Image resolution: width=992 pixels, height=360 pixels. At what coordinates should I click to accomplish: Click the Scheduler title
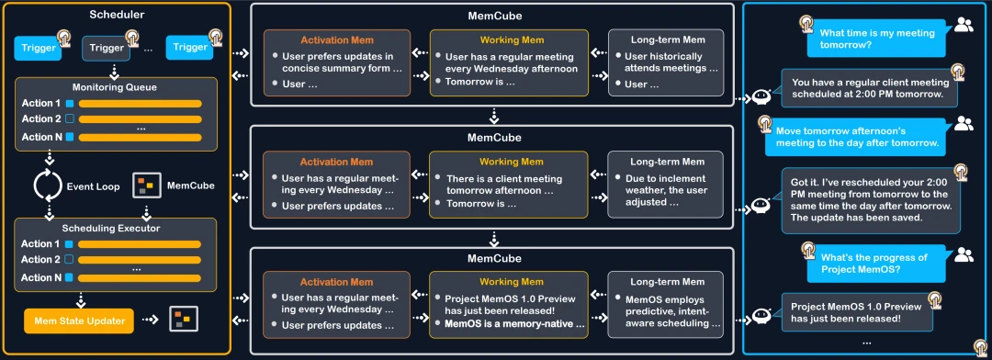coord(117,15)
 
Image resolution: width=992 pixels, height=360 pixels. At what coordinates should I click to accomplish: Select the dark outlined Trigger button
coord(107,47)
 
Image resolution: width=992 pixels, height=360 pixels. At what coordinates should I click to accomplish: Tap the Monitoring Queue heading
coord(115,87)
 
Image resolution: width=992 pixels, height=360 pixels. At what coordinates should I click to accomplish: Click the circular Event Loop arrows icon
coord(47,185)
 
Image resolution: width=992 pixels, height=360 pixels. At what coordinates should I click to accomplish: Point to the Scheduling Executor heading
coord(115,228)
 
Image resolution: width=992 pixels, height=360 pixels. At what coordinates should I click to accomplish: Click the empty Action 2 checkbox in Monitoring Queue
coord(68,119)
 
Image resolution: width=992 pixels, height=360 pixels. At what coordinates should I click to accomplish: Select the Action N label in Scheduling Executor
coord(41,277)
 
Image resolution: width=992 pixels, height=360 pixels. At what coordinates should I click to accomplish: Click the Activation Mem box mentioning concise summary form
coord(338,63)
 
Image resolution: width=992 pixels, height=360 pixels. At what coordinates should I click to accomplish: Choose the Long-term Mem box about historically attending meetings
coord(665,63)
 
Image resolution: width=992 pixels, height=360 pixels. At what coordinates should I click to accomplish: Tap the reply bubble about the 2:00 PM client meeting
coord(870,88)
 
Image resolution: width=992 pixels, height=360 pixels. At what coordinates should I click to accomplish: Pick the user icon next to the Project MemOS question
coord(964,254)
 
